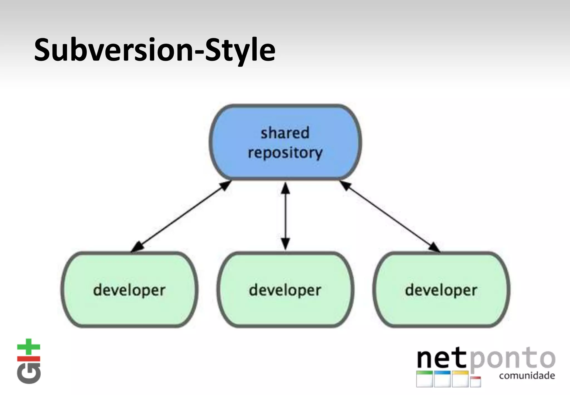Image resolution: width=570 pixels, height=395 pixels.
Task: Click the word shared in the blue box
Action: (285, 133)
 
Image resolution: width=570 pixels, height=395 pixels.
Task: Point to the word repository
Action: (285, 153)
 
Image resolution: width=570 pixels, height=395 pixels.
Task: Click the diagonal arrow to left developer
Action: (181, 216)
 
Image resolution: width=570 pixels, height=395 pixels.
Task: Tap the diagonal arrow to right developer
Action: (390, 216)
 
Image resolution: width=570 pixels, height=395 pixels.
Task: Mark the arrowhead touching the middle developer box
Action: (285, 245)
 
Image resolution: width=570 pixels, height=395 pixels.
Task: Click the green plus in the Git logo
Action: (28, 347)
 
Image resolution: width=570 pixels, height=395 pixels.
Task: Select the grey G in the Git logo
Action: (29, 373)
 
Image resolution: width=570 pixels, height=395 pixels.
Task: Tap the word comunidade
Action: (527, 376)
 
